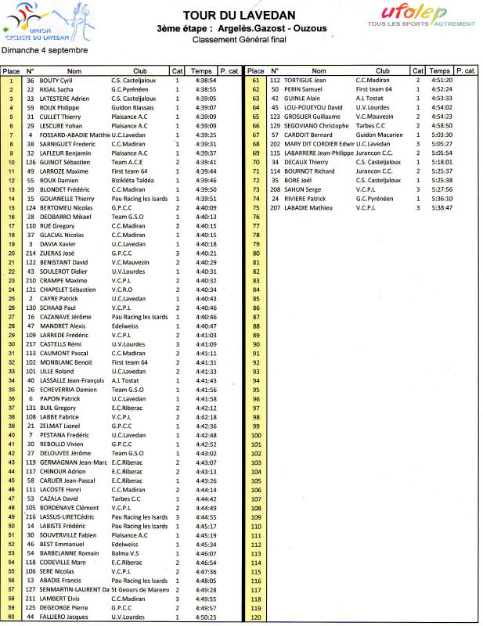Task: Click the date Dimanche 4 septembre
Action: pyautogui.click(x=45, y=50)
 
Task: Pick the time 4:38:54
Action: pyautogui.click(x=206, y=80)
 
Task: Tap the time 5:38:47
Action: pyautogui.click(x=442, y=208)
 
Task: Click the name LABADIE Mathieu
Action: pyautogui.click(x=312, y=208)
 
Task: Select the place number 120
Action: pyautogui.click(x=255, y=617)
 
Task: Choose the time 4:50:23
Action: pyautogui.click(x=206, y=617)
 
